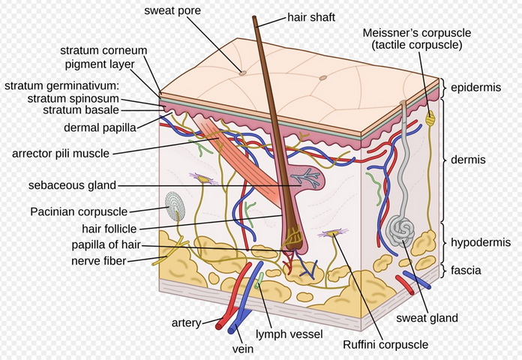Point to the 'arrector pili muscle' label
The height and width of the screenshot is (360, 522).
pyautogui.click(x=61, y=154)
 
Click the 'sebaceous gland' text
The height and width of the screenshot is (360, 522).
pyautogui.click(x=72, y=184)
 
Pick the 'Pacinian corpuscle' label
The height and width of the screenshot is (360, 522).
pyautogui.click(x=79, y=211)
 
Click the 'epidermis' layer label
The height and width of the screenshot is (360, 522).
pyautogui.click(x=475, y=88)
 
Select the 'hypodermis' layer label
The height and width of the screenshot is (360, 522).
pyautogui.click(x=480, y=242)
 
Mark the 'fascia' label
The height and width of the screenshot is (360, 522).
pyautogui.click(x=466, y=270)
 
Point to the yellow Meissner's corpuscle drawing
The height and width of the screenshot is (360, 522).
pyautogui.click(x=430, y=118)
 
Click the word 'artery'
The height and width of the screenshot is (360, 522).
pyautogui.click(x=185, y=322)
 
